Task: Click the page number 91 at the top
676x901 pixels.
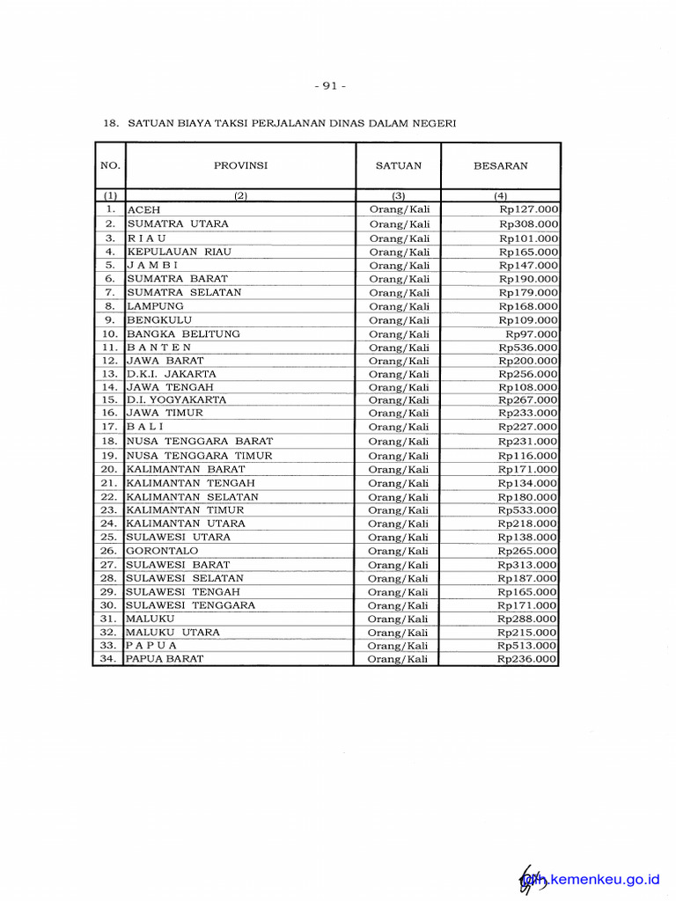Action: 329,85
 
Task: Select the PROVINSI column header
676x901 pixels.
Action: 240,165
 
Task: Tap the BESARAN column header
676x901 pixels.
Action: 500,165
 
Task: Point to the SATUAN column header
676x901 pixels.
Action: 399,165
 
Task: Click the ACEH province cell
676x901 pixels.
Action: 144,210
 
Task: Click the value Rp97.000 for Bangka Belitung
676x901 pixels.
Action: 531,334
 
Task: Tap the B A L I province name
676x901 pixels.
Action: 145,427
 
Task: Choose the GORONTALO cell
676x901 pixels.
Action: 162,551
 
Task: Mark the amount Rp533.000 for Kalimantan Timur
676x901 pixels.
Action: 527,510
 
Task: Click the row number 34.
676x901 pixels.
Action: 109,659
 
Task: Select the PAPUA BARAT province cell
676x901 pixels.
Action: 165,659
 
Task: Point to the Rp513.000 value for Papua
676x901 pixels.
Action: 527,646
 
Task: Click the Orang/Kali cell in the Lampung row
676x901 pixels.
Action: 399,306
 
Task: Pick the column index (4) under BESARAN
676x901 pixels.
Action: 500,196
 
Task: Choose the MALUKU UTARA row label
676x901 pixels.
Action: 173,633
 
